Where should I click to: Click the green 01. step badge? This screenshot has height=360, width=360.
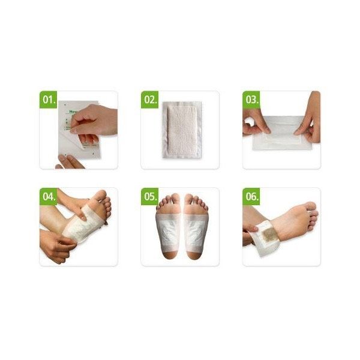click(x=48, y=99)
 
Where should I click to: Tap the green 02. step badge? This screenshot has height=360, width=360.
click(x=149, y=99)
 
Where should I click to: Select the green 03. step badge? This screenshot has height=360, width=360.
click(x=251, y=99)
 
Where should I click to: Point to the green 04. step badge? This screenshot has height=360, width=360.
click(x=48, y=196)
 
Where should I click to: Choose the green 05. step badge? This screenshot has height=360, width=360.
click(x=149, y=196)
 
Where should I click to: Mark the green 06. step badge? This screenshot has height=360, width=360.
click(x=251, y=196)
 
